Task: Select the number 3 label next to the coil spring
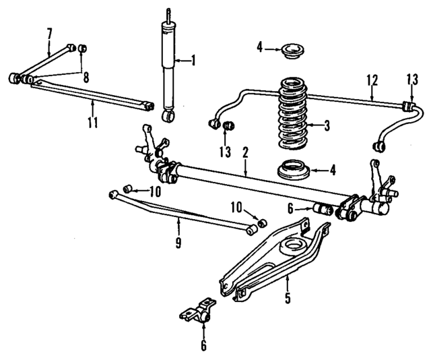tap(327, 125)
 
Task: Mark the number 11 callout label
tap(92, 122)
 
